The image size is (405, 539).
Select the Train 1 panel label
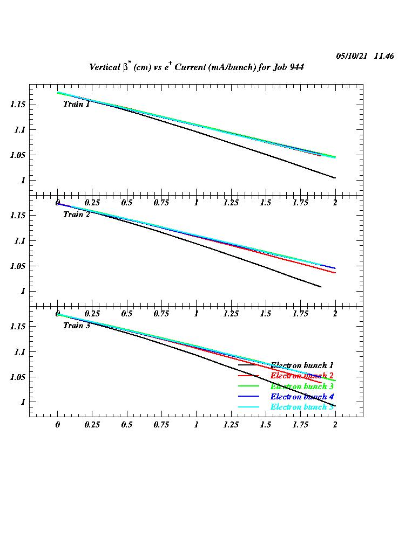[x=77, y=104]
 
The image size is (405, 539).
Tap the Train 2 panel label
[x=77, y=215]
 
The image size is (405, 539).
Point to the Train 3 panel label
[x=77, y=326]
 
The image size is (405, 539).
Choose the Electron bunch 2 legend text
[x=302, y=376]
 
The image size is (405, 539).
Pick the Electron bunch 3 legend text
[x=302, y=386]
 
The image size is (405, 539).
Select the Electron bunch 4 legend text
[x=302, y=397]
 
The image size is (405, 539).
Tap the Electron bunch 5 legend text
[x=302, y=407]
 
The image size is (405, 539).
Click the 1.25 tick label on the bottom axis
[x=231, y=425]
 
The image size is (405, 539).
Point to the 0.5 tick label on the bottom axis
[x=127, y=425]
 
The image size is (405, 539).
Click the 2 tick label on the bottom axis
[x=335, y=425]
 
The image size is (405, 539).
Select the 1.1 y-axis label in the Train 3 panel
[x=20, y=351]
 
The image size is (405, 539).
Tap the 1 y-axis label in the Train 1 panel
[x=23, y=181]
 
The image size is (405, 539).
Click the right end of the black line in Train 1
[x=335, y=178]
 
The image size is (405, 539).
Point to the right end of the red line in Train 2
[x=335, y=273]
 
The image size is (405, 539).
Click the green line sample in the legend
[x=249, y=386]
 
